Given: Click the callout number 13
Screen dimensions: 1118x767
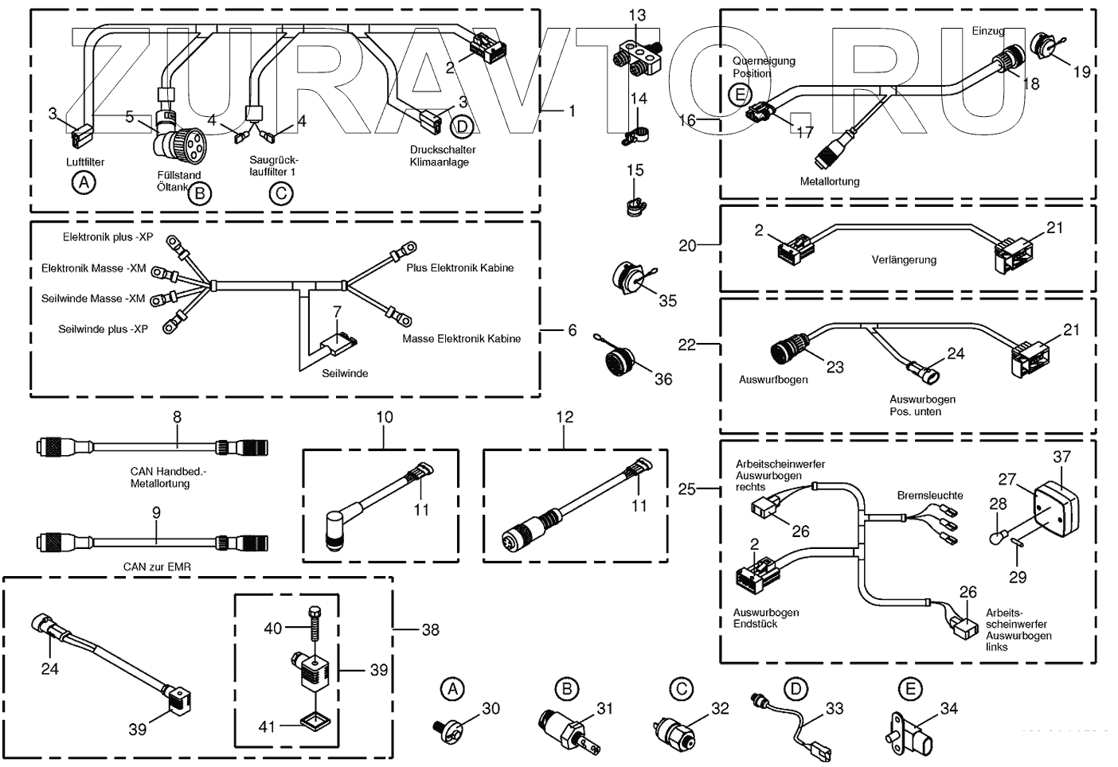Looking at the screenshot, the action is click(637, 15).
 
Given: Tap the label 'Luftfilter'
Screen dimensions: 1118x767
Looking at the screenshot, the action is click(85, 162).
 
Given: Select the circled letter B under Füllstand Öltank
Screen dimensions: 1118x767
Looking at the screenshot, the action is click(200, 194).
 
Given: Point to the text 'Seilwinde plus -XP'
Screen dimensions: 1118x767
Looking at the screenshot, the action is click(103, 329).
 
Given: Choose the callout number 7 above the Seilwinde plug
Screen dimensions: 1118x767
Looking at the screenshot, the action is click(338, 312).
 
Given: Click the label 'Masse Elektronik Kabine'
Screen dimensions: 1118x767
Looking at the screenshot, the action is click(462, 339).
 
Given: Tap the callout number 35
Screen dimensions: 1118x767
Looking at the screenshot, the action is click(668, 301).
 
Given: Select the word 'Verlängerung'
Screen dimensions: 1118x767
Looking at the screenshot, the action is click(904, 260).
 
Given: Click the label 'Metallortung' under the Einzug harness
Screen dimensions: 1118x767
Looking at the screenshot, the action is click(830, 181).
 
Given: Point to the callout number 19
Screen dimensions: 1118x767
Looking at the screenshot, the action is click(1081, 72).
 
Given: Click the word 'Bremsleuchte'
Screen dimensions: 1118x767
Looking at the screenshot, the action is click(930, 495).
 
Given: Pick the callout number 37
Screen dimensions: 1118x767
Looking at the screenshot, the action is click(1061, 457).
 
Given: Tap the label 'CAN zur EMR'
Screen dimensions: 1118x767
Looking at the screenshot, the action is click(157, 567).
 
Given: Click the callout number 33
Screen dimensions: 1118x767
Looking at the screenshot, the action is click(834, 708).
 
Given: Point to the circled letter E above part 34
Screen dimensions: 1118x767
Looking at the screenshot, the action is click(910, 690).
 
